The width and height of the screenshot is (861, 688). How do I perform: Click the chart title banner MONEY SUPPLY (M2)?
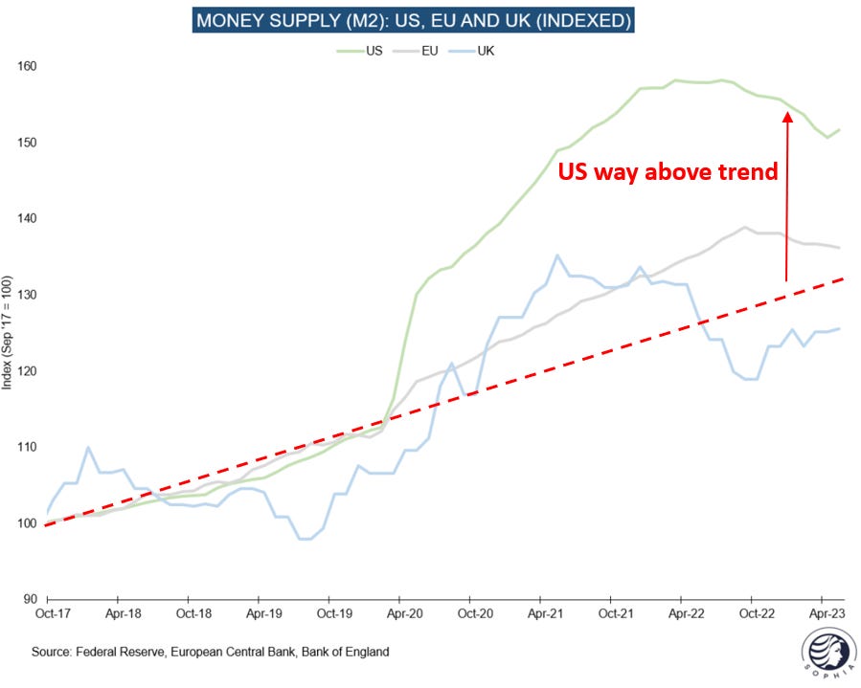[413, 20]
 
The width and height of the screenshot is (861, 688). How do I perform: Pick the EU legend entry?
[425, 50]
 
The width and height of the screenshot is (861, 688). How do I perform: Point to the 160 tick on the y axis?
[28, 67]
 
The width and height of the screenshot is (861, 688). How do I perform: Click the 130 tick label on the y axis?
[28, 295]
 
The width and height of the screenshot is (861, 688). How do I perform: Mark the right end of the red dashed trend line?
[843, 278]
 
